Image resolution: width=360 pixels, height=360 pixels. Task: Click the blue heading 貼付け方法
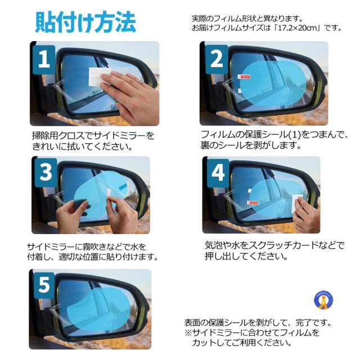coord(85,22)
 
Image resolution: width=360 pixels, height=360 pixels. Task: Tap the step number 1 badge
coord(44,59)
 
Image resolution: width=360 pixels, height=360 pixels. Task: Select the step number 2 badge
coord(217,59)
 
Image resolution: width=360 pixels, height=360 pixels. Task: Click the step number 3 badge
coord(46,172)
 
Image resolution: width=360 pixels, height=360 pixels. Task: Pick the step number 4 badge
coord(218,172)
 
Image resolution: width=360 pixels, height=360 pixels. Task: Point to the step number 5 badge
coord(44,285)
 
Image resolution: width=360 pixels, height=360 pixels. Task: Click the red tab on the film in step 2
coord(244,76)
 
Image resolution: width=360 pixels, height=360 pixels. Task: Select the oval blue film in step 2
coord(273,82)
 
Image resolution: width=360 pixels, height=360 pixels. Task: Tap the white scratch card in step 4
coord(296,202)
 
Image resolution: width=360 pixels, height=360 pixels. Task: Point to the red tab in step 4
coord(253,202)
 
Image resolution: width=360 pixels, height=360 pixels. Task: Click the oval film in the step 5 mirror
coord(99,309)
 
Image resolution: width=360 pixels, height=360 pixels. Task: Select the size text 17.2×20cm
coord(299,28)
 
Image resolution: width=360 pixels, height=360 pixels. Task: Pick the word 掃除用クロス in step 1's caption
coord(58,136)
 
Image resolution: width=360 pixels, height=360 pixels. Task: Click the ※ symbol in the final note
coord(188,332)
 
